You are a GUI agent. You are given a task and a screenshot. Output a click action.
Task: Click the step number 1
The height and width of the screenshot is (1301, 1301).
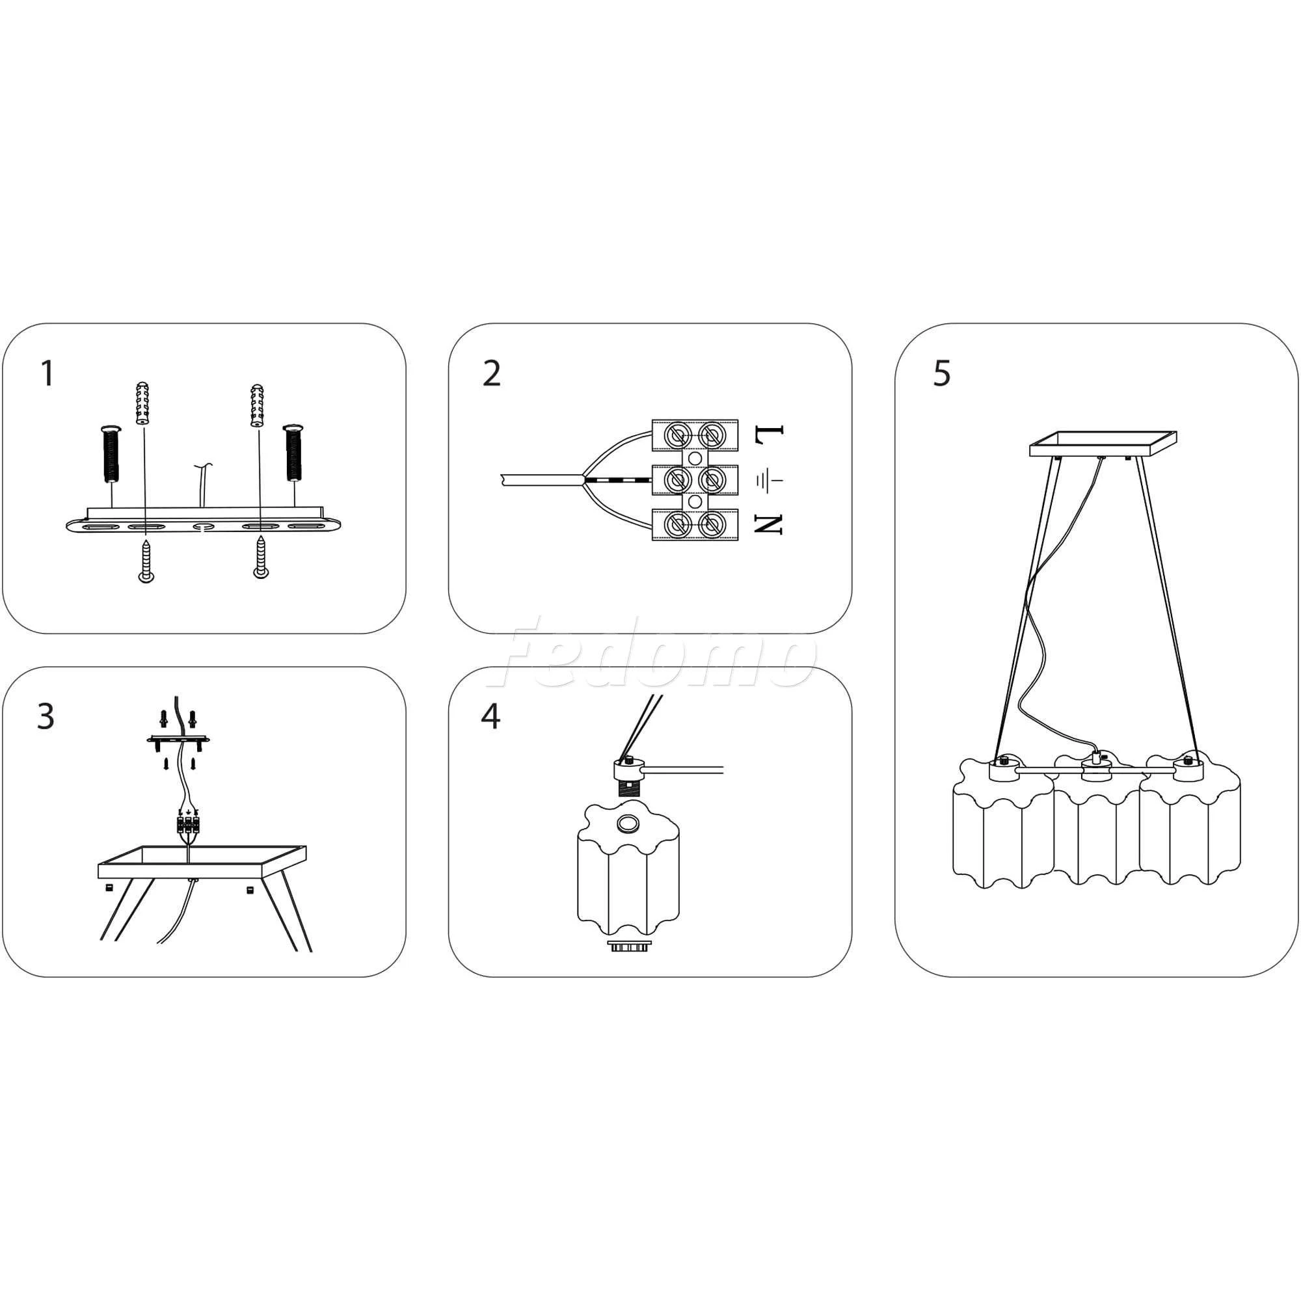point(47,374)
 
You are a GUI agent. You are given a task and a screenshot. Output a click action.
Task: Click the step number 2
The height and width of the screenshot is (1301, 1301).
point(492,374)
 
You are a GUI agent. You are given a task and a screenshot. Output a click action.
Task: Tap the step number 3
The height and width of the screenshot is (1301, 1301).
point(45,716)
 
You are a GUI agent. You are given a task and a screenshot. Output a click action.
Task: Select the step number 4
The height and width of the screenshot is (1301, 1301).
point(490,716)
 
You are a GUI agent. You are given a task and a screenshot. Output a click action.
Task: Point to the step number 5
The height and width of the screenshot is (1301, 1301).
point(941,374)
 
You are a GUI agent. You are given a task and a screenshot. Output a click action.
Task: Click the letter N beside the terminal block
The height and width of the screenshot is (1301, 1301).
point(769,524)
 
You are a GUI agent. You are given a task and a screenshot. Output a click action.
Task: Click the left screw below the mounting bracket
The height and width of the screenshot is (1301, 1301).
point(146,560)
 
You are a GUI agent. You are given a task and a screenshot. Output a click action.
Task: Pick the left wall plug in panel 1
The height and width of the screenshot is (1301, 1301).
point(142,403)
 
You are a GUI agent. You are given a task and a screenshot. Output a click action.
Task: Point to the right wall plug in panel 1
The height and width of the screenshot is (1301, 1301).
point(257,405)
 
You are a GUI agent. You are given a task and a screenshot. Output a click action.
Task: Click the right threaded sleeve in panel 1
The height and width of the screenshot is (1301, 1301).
point(293,452)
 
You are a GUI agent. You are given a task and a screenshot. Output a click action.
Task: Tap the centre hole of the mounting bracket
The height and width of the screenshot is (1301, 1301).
point(202,528)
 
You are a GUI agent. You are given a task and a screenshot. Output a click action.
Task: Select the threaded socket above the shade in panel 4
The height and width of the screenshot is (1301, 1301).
point(630,788)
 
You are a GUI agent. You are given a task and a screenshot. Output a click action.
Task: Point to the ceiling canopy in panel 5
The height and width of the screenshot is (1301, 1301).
point(1104,444)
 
